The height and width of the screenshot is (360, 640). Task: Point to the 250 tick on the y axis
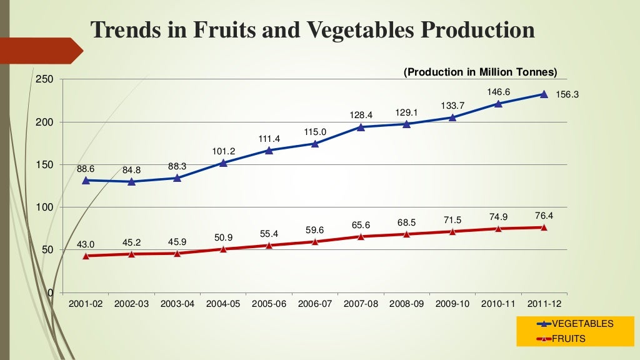44,79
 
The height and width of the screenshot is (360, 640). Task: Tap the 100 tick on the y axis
44,207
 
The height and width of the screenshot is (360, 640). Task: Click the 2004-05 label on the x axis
223,304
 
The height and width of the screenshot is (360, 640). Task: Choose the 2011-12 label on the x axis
544,304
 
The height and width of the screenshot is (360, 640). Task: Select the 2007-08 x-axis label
361,304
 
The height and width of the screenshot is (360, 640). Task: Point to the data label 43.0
86,244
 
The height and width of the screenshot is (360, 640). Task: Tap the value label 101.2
223,150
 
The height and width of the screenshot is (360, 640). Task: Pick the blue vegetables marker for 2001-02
86,180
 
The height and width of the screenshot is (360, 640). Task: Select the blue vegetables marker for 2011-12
544,94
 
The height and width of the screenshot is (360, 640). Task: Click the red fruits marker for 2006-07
315,241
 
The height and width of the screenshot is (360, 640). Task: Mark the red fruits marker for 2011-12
544,227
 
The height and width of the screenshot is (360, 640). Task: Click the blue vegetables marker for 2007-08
361,127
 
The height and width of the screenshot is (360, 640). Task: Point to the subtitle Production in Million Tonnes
480,72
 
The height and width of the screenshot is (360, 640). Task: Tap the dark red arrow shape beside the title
41,51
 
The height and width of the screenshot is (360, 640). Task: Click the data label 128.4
361,115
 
